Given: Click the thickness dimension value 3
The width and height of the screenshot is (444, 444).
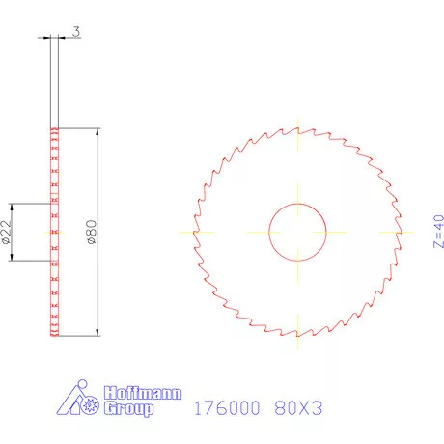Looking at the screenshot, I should point(75,32).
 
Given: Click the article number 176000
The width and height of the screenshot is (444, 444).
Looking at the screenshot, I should point(228,408).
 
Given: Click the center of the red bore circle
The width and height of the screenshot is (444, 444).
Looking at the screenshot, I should point(297,233).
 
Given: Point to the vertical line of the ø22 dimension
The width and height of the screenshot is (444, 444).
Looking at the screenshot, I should point(11,233).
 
